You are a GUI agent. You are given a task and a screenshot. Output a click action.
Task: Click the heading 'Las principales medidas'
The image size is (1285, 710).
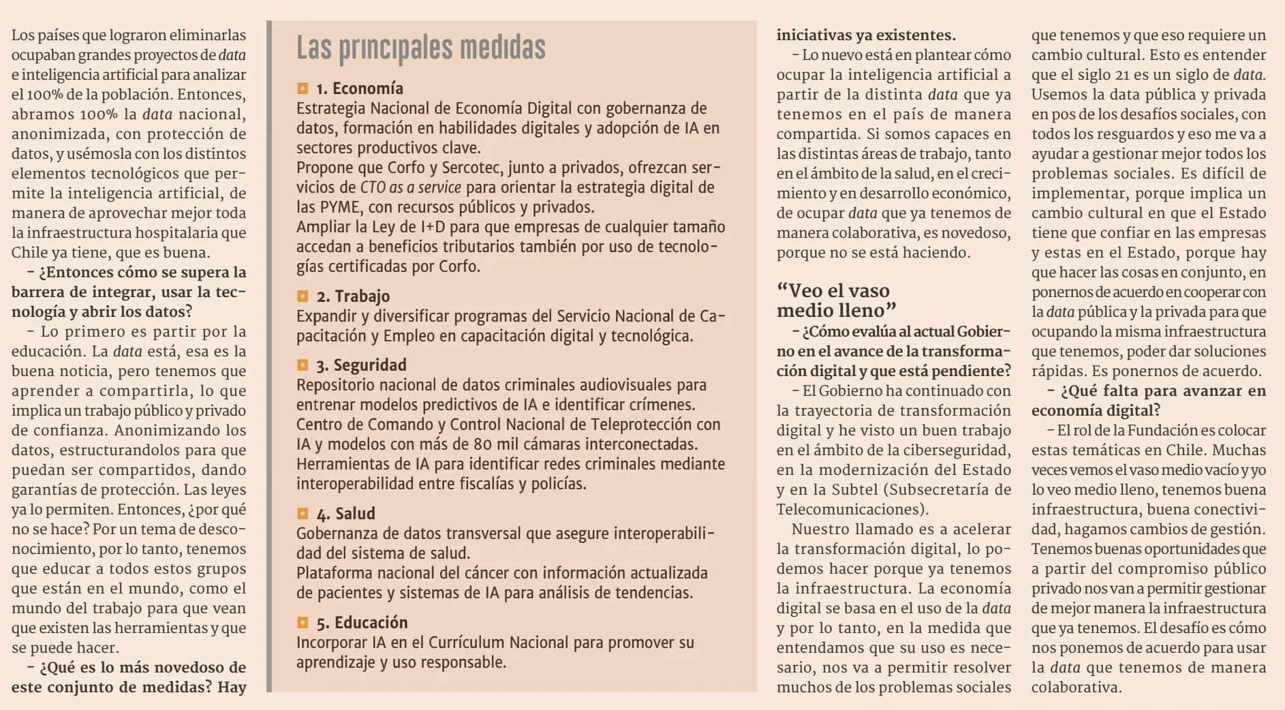click(420, 48)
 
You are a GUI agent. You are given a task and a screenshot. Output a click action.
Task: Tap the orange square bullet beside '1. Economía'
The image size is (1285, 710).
click(303, 89)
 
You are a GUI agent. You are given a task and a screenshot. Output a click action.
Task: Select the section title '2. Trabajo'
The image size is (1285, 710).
click(353, 296)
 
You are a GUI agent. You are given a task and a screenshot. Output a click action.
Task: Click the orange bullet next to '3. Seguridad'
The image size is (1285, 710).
click(303, 365)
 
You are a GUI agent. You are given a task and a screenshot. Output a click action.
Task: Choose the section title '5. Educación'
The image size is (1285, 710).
click(362, 623)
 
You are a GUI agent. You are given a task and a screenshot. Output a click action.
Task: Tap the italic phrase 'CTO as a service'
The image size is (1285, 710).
click(410, 187)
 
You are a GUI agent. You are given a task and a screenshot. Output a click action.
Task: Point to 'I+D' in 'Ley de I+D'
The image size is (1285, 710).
click(433, 227)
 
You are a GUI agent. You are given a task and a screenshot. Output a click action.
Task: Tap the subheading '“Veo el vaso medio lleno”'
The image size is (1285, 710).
click(835, 300)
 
